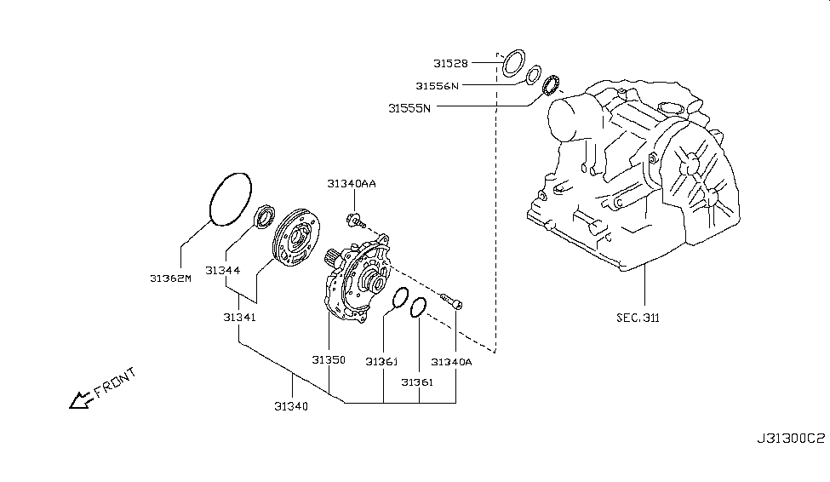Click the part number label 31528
(x=450, y=63)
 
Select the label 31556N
(x=438, y=85)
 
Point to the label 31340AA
(x=351, y=183)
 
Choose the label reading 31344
(x=222, y=271)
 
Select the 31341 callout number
(x=240, y=317)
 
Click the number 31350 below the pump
(x=328, y=360)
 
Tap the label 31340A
(x=451, y=362)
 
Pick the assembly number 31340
(x=291, y=406)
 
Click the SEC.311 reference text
(x=638, y=318)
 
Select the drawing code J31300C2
(x=790, y=439)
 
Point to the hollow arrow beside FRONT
(x=81, y=399)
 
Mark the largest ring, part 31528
(x=513, y=63)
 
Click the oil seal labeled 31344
(x=265, y=218)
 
